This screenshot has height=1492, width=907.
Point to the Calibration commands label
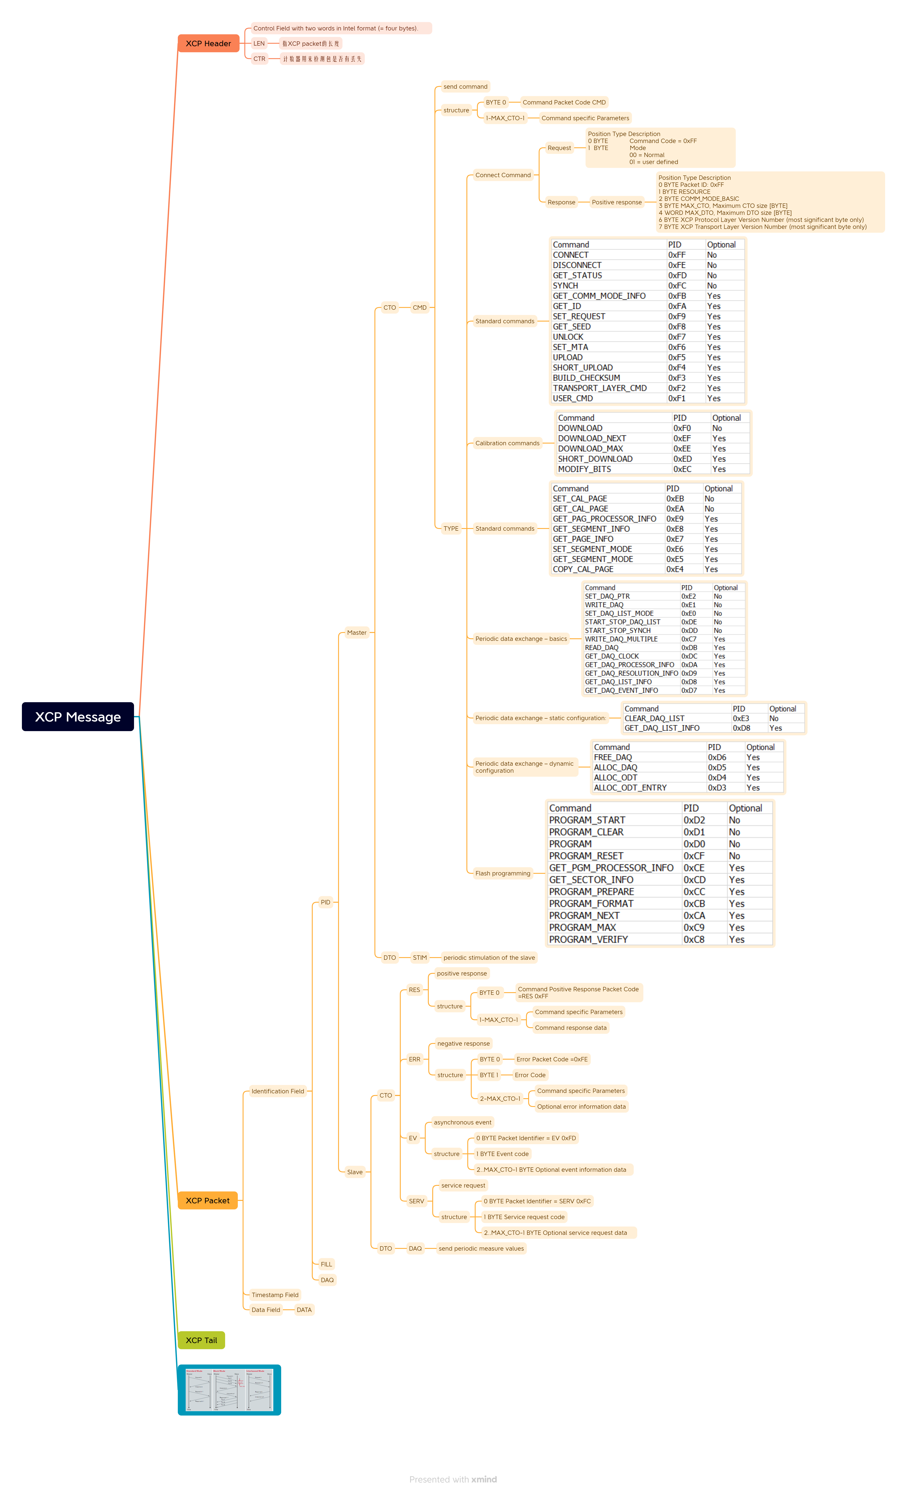[507, 443]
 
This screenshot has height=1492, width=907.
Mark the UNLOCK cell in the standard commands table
[568, 337]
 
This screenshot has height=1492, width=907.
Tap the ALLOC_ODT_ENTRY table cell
[630, 788]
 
